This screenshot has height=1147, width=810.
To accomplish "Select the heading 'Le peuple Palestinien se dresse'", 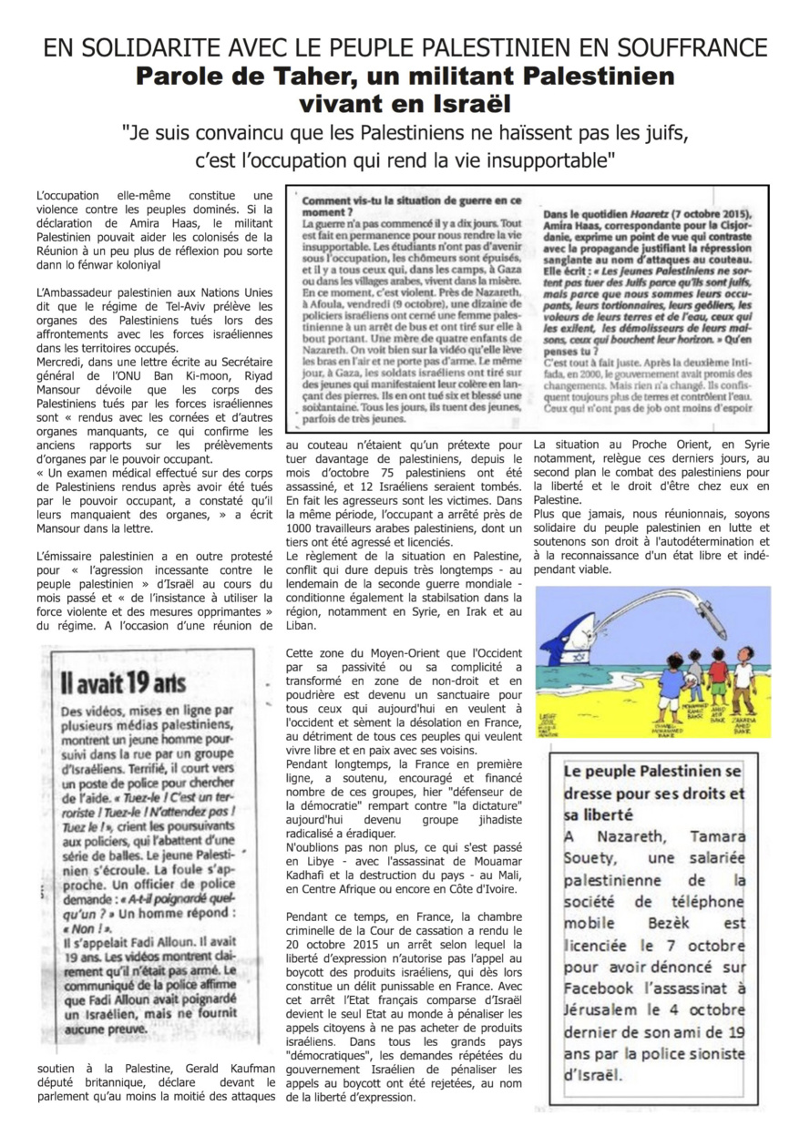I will [x=652, y=793].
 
